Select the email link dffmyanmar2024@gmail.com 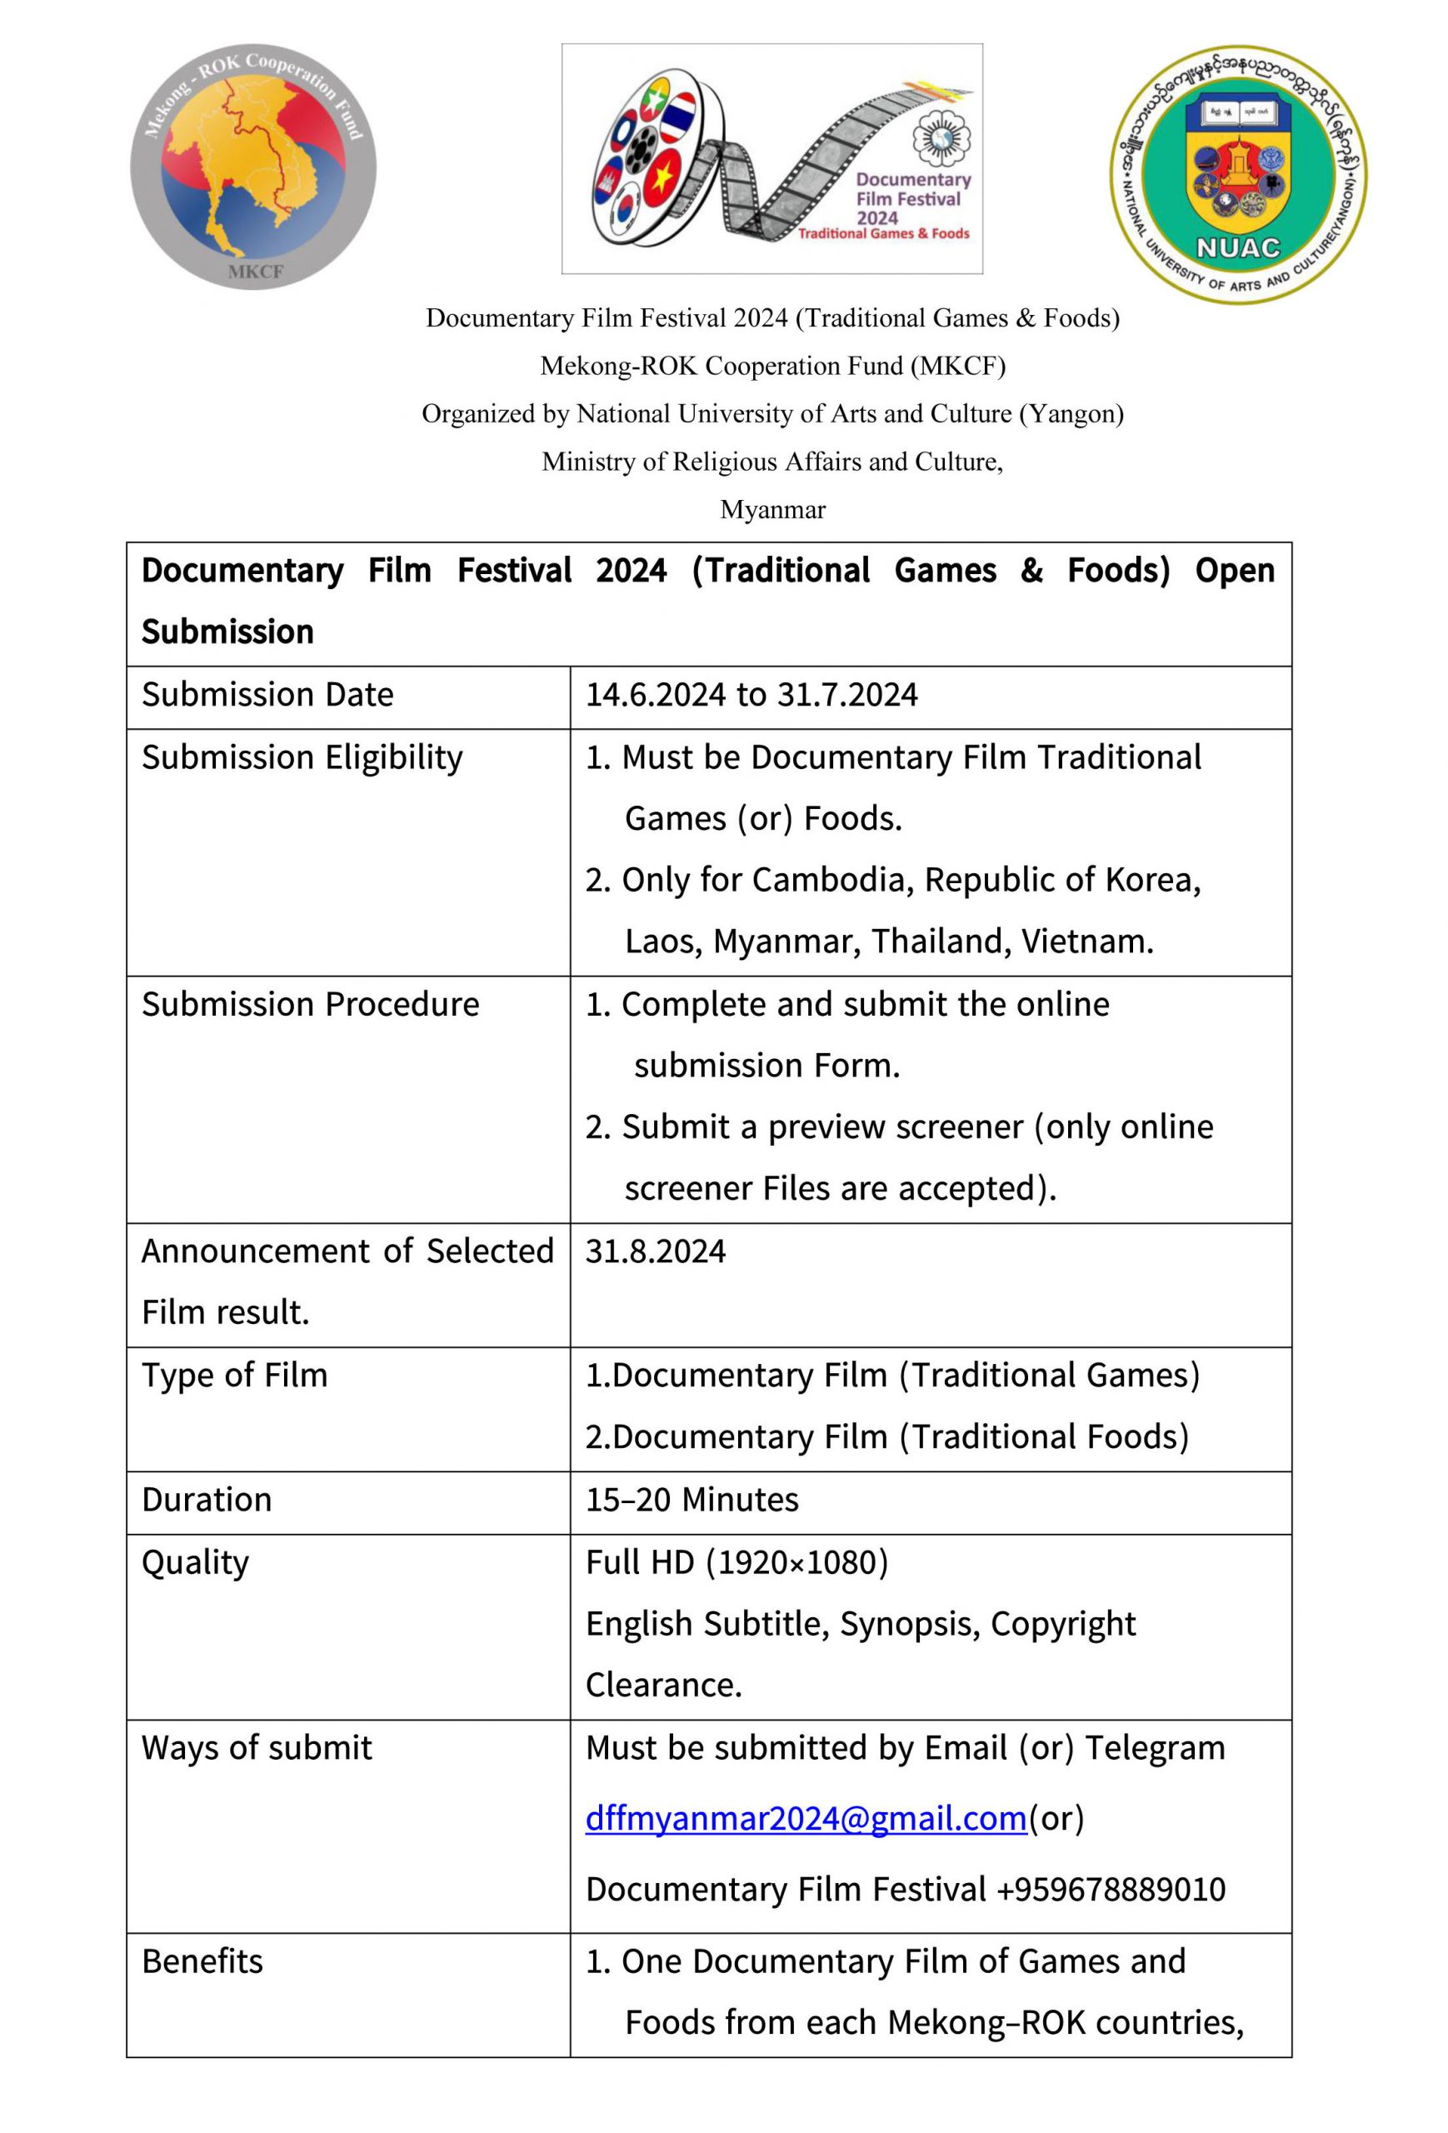point(805,1817)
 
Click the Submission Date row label point(267,695)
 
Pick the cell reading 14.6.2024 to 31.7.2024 point(751,695)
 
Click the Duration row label point(207,1500)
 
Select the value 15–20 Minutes point(692,1500)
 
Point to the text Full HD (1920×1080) point(736,1562)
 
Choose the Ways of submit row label point(257,1747)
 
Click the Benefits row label point(202,1961)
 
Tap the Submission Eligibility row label point(302,758)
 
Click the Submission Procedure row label point(310,1005)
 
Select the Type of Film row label point(234,1375)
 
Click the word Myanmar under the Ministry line point(772,509)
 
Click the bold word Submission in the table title point(227,632)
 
